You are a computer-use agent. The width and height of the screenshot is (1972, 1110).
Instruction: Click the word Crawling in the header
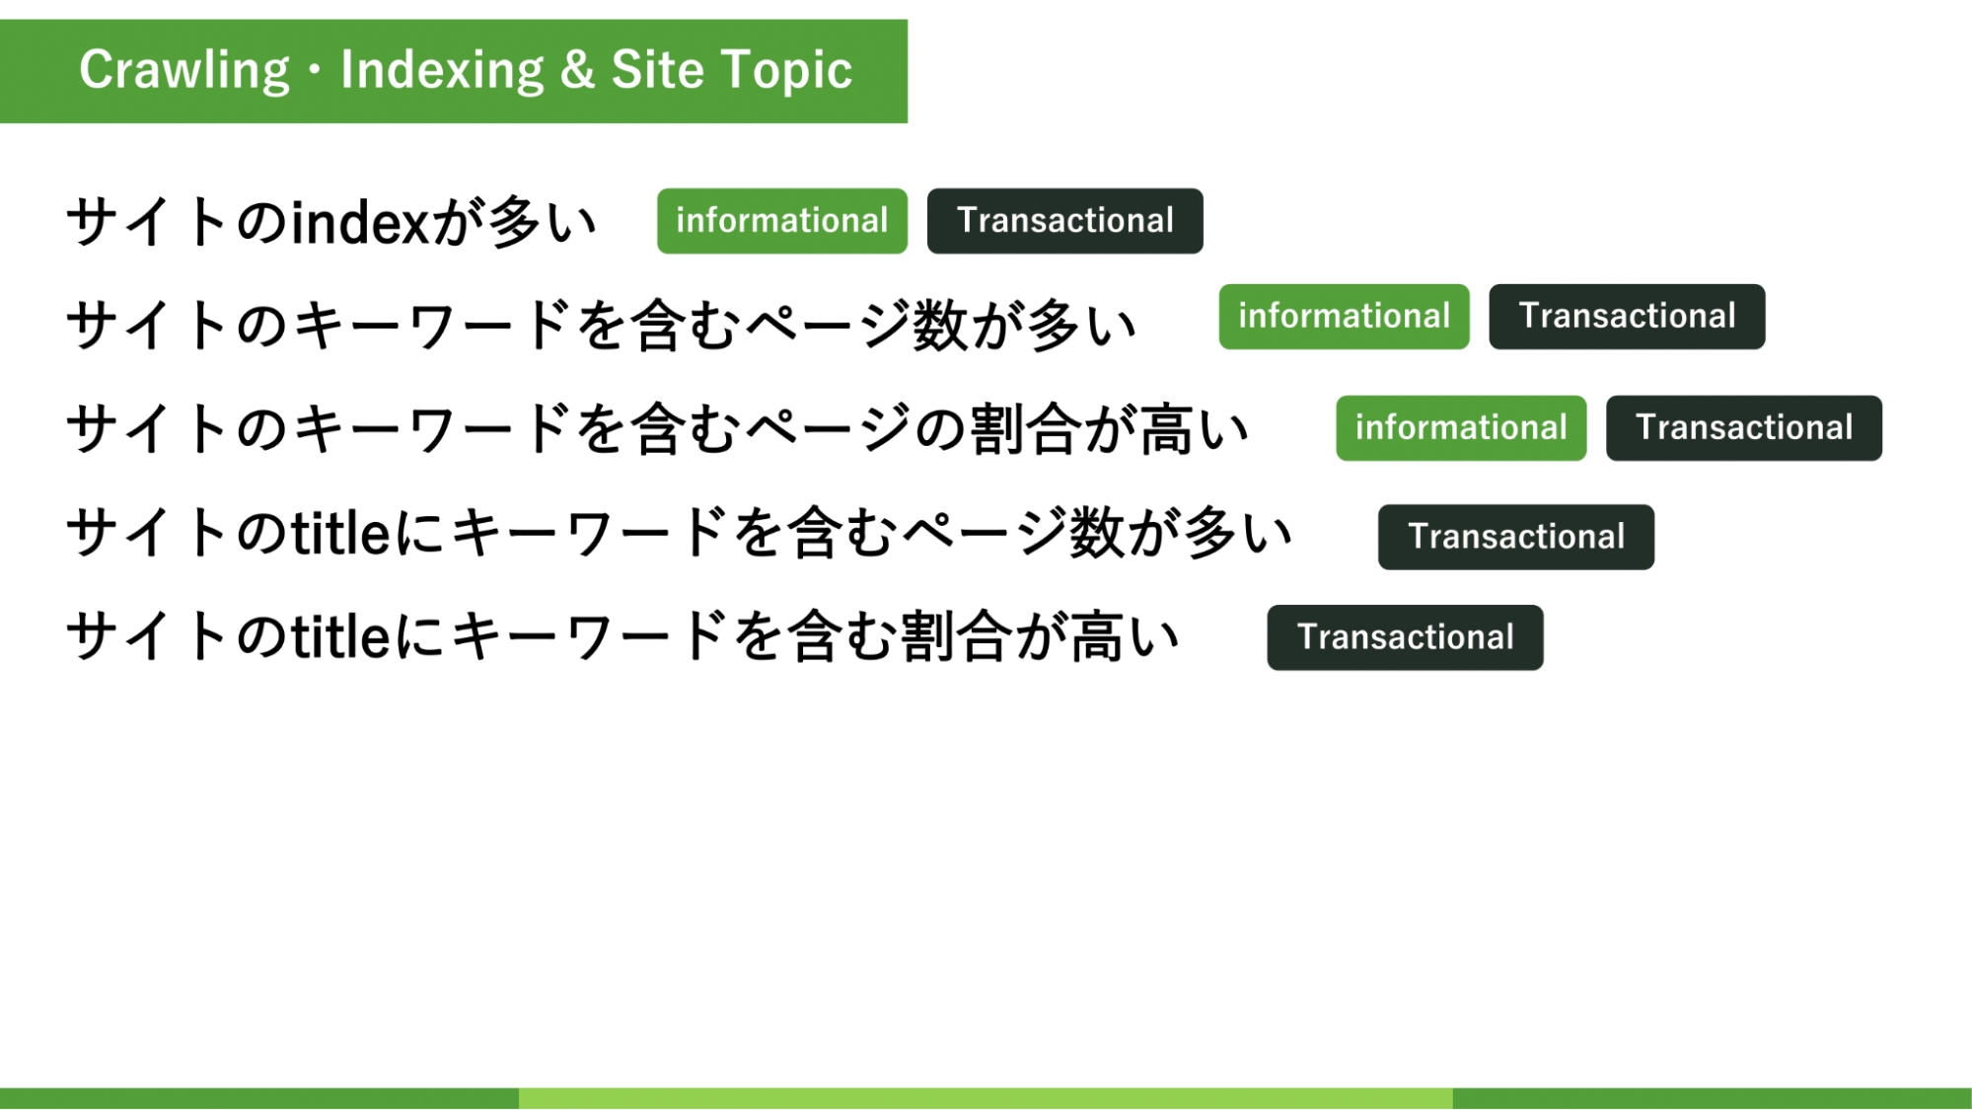(x=184, y=71)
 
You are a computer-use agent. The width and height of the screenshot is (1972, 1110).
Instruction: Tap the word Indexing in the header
(x=442, y=71)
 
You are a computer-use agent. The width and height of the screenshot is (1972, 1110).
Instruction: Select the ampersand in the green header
(x=577, y=70)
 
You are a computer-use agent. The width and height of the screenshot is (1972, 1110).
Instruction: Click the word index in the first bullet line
(x=360, y=222)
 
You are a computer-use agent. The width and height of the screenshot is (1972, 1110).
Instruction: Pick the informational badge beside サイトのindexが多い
(x=782, y=221)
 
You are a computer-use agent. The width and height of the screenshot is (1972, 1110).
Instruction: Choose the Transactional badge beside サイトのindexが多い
(x=1065, y=221)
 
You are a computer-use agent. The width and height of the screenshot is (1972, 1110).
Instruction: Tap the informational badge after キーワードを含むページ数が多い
(x=1345, y=317)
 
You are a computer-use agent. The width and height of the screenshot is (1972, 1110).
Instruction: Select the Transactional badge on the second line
(x=1628, y=317)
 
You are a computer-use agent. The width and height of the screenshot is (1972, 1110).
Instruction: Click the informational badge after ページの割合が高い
(x=1462, y=428)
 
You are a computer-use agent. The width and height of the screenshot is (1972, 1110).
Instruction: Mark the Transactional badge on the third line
(x=1744, y=428)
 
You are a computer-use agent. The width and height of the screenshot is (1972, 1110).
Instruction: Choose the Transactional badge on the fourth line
(x=1516, y=537)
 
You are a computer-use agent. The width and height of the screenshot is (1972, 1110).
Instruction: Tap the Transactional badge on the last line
(x=1406, y=637)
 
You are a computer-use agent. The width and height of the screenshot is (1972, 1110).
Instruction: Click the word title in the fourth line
(x=342, y=533)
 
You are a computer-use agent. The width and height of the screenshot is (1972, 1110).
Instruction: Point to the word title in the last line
(x=342, y=636)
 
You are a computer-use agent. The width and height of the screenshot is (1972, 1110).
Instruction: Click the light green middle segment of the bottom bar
(x=986, y=1098)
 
